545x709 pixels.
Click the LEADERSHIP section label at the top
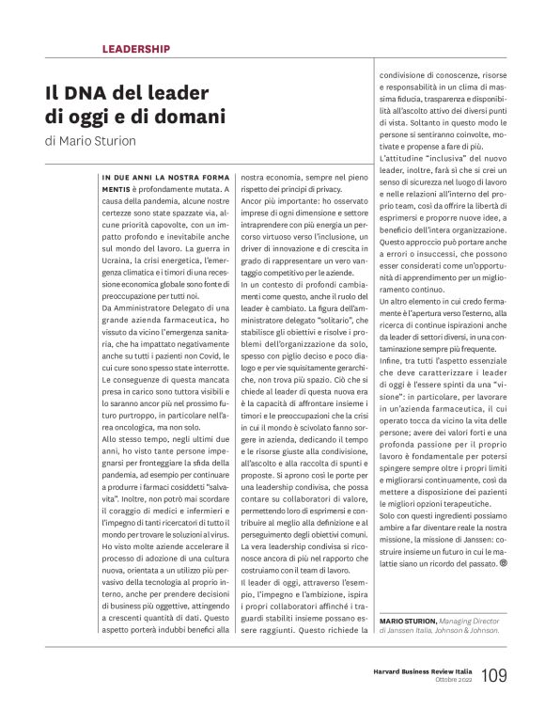[x=135, y=48]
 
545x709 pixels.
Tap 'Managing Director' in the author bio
[x=477, y=622]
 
